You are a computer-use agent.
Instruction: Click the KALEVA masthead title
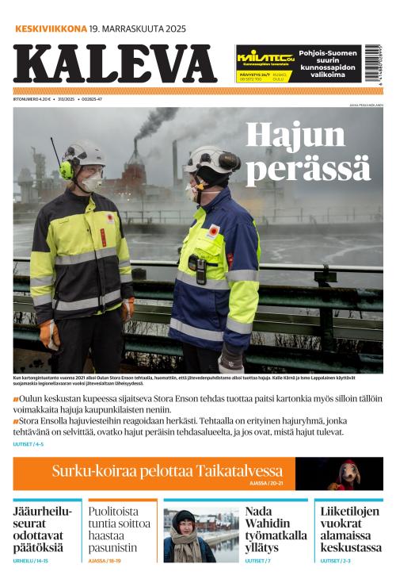tap(115, 63)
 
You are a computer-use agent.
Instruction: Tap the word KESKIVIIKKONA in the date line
tap(51, 29)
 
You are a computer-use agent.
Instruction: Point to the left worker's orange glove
tap(49, 333)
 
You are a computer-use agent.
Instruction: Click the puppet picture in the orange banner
tap(348, 474)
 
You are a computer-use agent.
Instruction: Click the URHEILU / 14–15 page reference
tap(31, 561)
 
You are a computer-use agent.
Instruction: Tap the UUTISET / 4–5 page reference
tap(29, 444)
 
